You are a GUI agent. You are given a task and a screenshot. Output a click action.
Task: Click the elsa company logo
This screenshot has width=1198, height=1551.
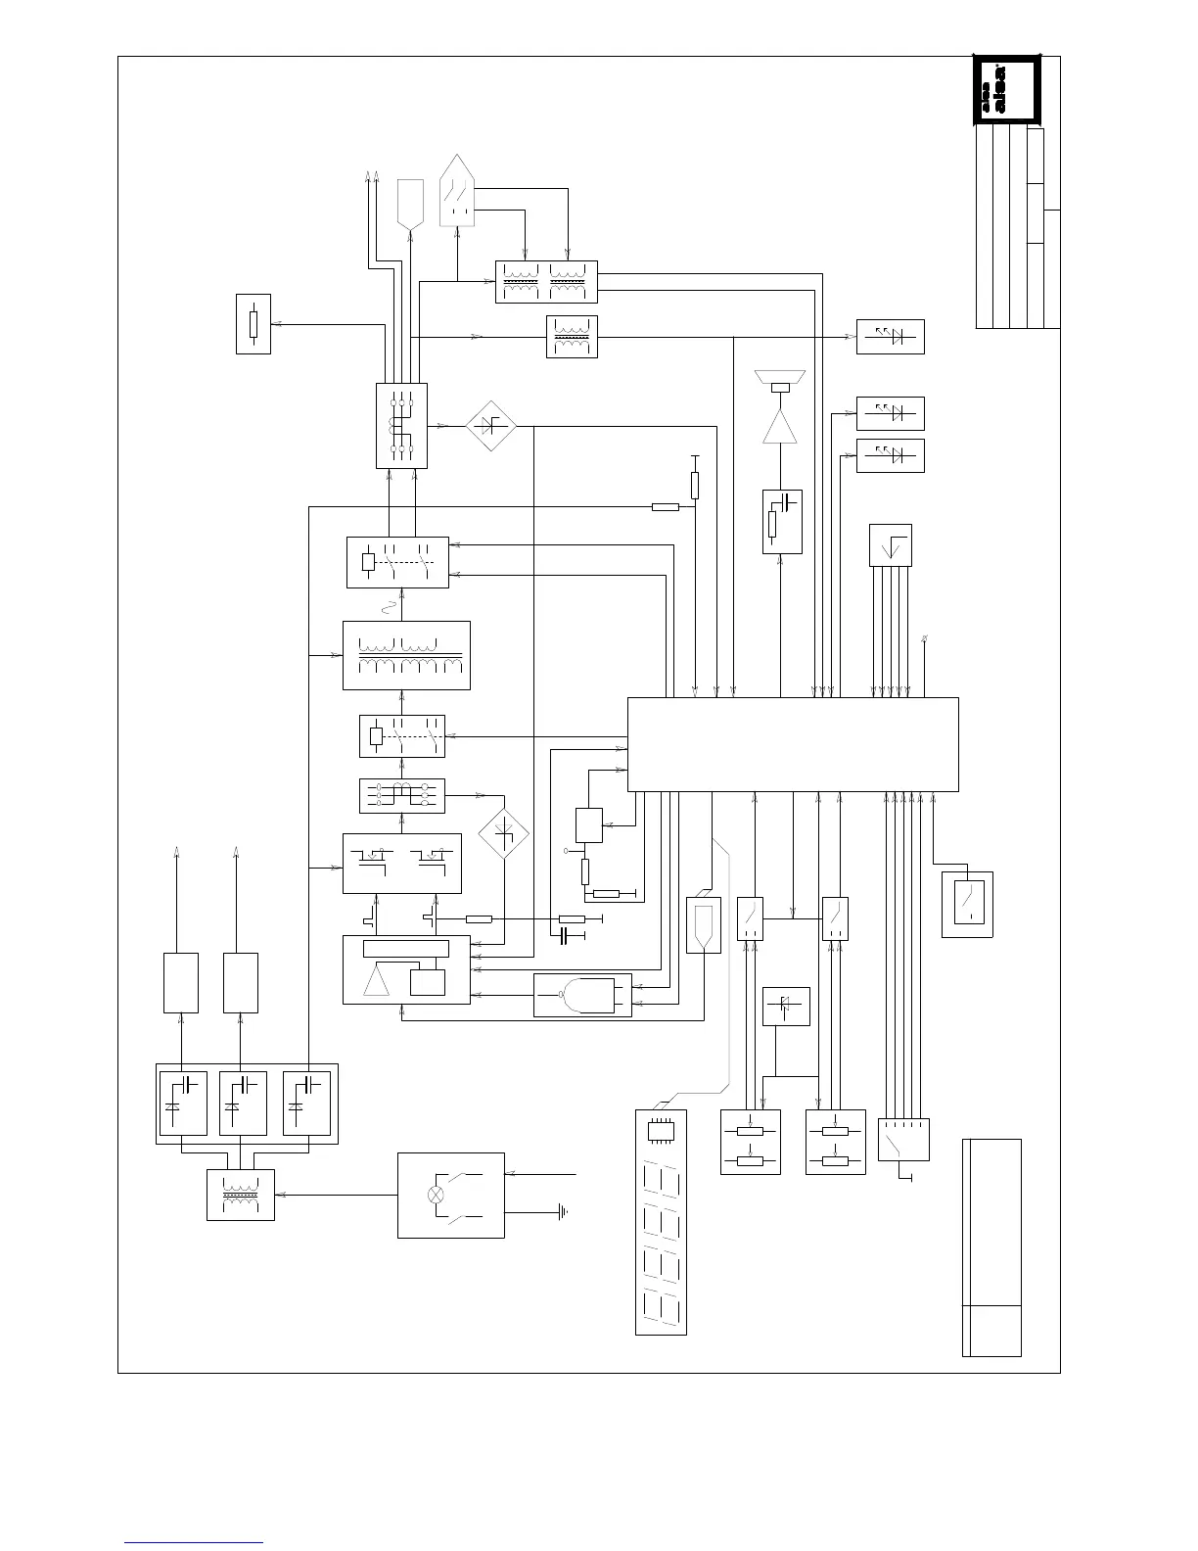click(x=1006, y=91)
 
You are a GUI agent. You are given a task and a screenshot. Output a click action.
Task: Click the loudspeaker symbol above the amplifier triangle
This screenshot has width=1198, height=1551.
click(x=780, y=378)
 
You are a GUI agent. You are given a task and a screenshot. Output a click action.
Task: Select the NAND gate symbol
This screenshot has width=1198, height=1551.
click(x=582, y=996)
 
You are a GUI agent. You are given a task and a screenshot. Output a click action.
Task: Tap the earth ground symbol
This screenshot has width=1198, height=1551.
click(x=563, y=1212)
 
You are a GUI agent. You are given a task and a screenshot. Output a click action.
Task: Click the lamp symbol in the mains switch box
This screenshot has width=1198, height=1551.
click(x=437, y=1195)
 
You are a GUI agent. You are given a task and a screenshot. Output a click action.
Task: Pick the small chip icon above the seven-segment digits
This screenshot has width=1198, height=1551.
click(x=661, y=1130)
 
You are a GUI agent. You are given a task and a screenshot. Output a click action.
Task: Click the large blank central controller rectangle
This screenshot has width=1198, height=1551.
click(x=792, y=744)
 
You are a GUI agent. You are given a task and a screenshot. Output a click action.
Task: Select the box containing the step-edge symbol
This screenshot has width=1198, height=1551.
click(x=890, y=545)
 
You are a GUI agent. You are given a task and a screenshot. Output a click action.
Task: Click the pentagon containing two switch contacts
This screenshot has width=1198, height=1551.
click(x=458, y=192)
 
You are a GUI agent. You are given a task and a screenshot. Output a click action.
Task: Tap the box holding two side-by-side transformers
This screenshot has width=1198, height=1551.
click(x=546, y=282)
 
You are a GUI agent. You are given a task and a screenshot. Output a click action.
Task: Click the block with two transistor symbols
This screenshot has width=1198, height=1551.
click(x=402, y=863)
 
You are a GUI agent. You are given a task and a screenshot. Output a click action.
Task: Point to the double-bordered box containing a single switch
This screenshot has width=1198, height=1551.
click(x=967, y=904)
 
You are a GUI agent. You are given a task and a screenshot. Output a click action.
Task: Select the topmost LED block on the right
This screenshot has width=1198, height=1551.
click(x=890, y=337)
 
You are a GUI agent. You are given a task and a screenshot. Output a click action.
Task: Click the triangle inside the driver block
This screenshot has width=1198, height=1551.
click(x=377, y=980)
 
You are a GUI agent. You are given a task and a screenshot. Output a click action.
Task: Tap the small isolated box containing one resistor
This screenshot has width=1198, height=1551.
click(x=253, y=323)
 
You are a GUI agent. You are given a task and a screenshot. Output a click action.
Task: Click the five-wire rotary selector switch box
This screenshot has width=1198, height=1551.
click(x=902, y=1140)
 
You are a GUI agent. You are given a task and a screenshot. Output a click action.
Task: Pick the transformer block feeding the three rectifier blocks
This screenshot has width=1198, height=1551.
click(x=241, y=1195)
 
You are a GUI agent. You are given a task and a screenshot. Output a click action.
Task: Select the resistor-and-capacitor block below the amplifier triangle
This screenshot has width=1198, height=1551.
click(x=782, y=521)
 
